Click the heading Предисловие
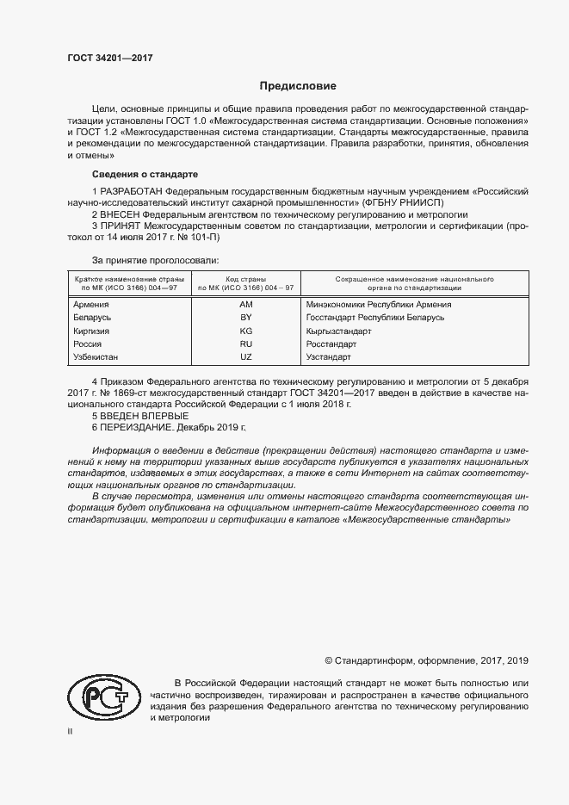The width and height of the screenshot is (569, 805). [299, 86]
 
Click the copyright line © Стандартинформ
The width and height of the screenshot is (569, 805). [426, 660]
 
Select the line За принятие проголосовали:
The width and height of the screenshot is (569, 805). [156, 259]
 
